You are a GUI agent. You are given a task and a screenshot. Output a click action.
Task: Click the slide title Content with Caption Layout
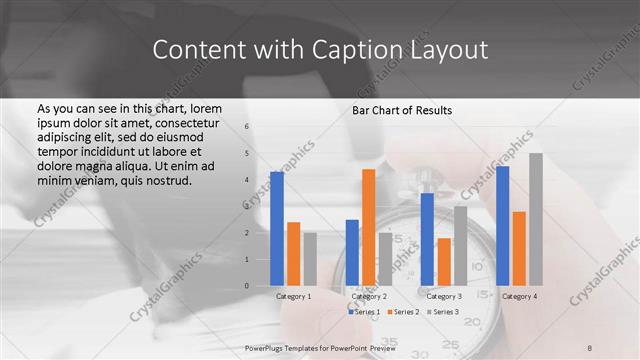(x=320, y=50)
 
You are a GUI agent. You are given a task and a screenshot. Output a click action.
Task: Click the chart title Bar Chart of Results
(x=402, y=109)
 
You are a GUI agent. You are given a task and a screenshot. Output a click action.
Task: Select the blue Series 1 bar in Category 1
(x=277, y=229)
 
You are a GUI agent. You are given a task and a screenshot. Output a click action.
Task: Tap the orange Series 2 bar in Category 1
(x=293, y=254)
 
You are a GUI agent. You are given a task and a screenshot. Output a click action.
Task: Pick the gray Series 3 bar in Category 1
(x=310, y=259)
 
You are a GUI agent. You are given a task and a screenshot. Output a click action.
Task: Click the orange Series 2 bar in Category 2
(x=369, y=227)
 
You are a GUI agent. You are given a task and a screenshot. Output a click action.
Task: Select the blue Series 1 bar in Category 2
(x=352, y=252)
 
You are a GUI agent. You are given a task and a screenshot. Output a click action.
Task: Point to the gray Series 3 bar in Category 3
(x=460, y=246)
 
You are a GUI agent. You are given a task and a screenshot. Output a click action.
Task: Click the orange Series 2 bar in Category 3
(x=444, y=262)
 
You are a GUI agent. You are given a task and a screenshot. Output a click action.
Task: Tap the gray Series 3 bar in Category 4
(x=536, y=219)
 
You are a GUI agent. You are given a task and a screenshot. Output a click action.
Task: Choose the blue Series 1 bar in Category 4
(x=502, y=226)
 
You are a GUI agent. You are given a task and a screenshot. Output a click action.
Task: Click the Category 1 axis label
(x=293, y=296)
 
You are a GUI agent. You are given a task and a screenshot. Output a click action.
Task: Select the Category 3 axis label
(x=444, y=296)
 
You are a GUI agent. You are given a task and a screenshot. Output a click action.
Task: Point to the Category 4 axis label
(x=519, y=296)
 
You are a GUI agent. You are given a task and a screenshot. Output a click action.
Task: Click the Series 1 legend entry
(x=366, y=312)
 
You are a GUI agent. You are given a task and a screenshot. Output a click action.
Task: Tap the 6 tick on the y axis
(x=246, y=127)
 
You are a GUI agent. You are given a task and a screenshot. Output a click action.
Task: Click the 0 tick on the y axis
(x=246, y=286)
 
